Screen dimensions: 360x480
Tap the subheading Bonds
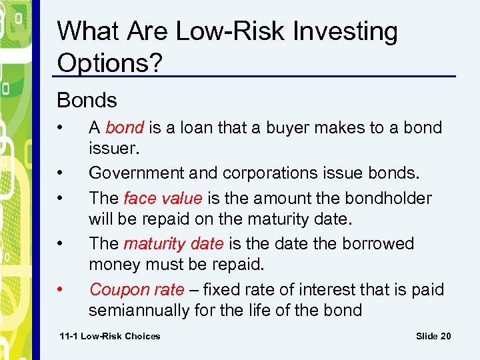click(x=87, y=101)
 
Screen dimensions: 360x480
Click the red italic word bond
click(x=124, y=127)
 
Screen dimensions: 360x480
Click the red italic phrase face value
click(x=163, y=198)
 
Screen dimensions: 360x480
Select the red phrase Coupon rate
click(x=137, y=289)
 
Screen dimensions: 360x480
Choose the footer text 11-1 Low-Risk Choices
click(x=110, y=336)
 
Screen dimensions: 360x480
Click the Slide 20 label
click(x=433, y=336)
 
